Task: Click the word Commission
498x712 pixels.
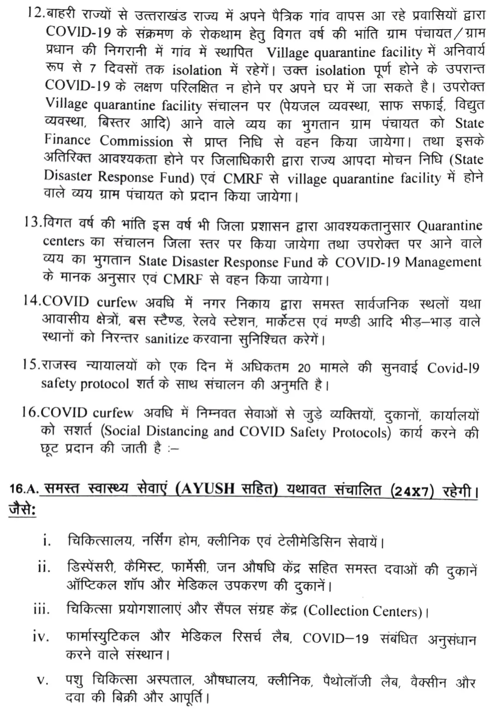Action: tap(136, 141)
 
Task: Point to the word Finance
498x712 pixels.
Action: tap(67, 140)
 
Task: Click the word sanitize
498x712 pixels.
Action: tap(167, 339)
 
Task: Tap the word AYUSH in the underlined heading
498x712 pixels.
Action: tap(209, 489)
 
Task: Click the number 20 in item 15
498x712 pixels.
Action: tap(304, 368)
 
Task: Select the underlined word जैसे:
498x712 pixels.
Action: tap(23, 511)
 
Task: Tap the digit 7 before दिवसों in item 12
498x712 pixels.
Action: tap(92, 69)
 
